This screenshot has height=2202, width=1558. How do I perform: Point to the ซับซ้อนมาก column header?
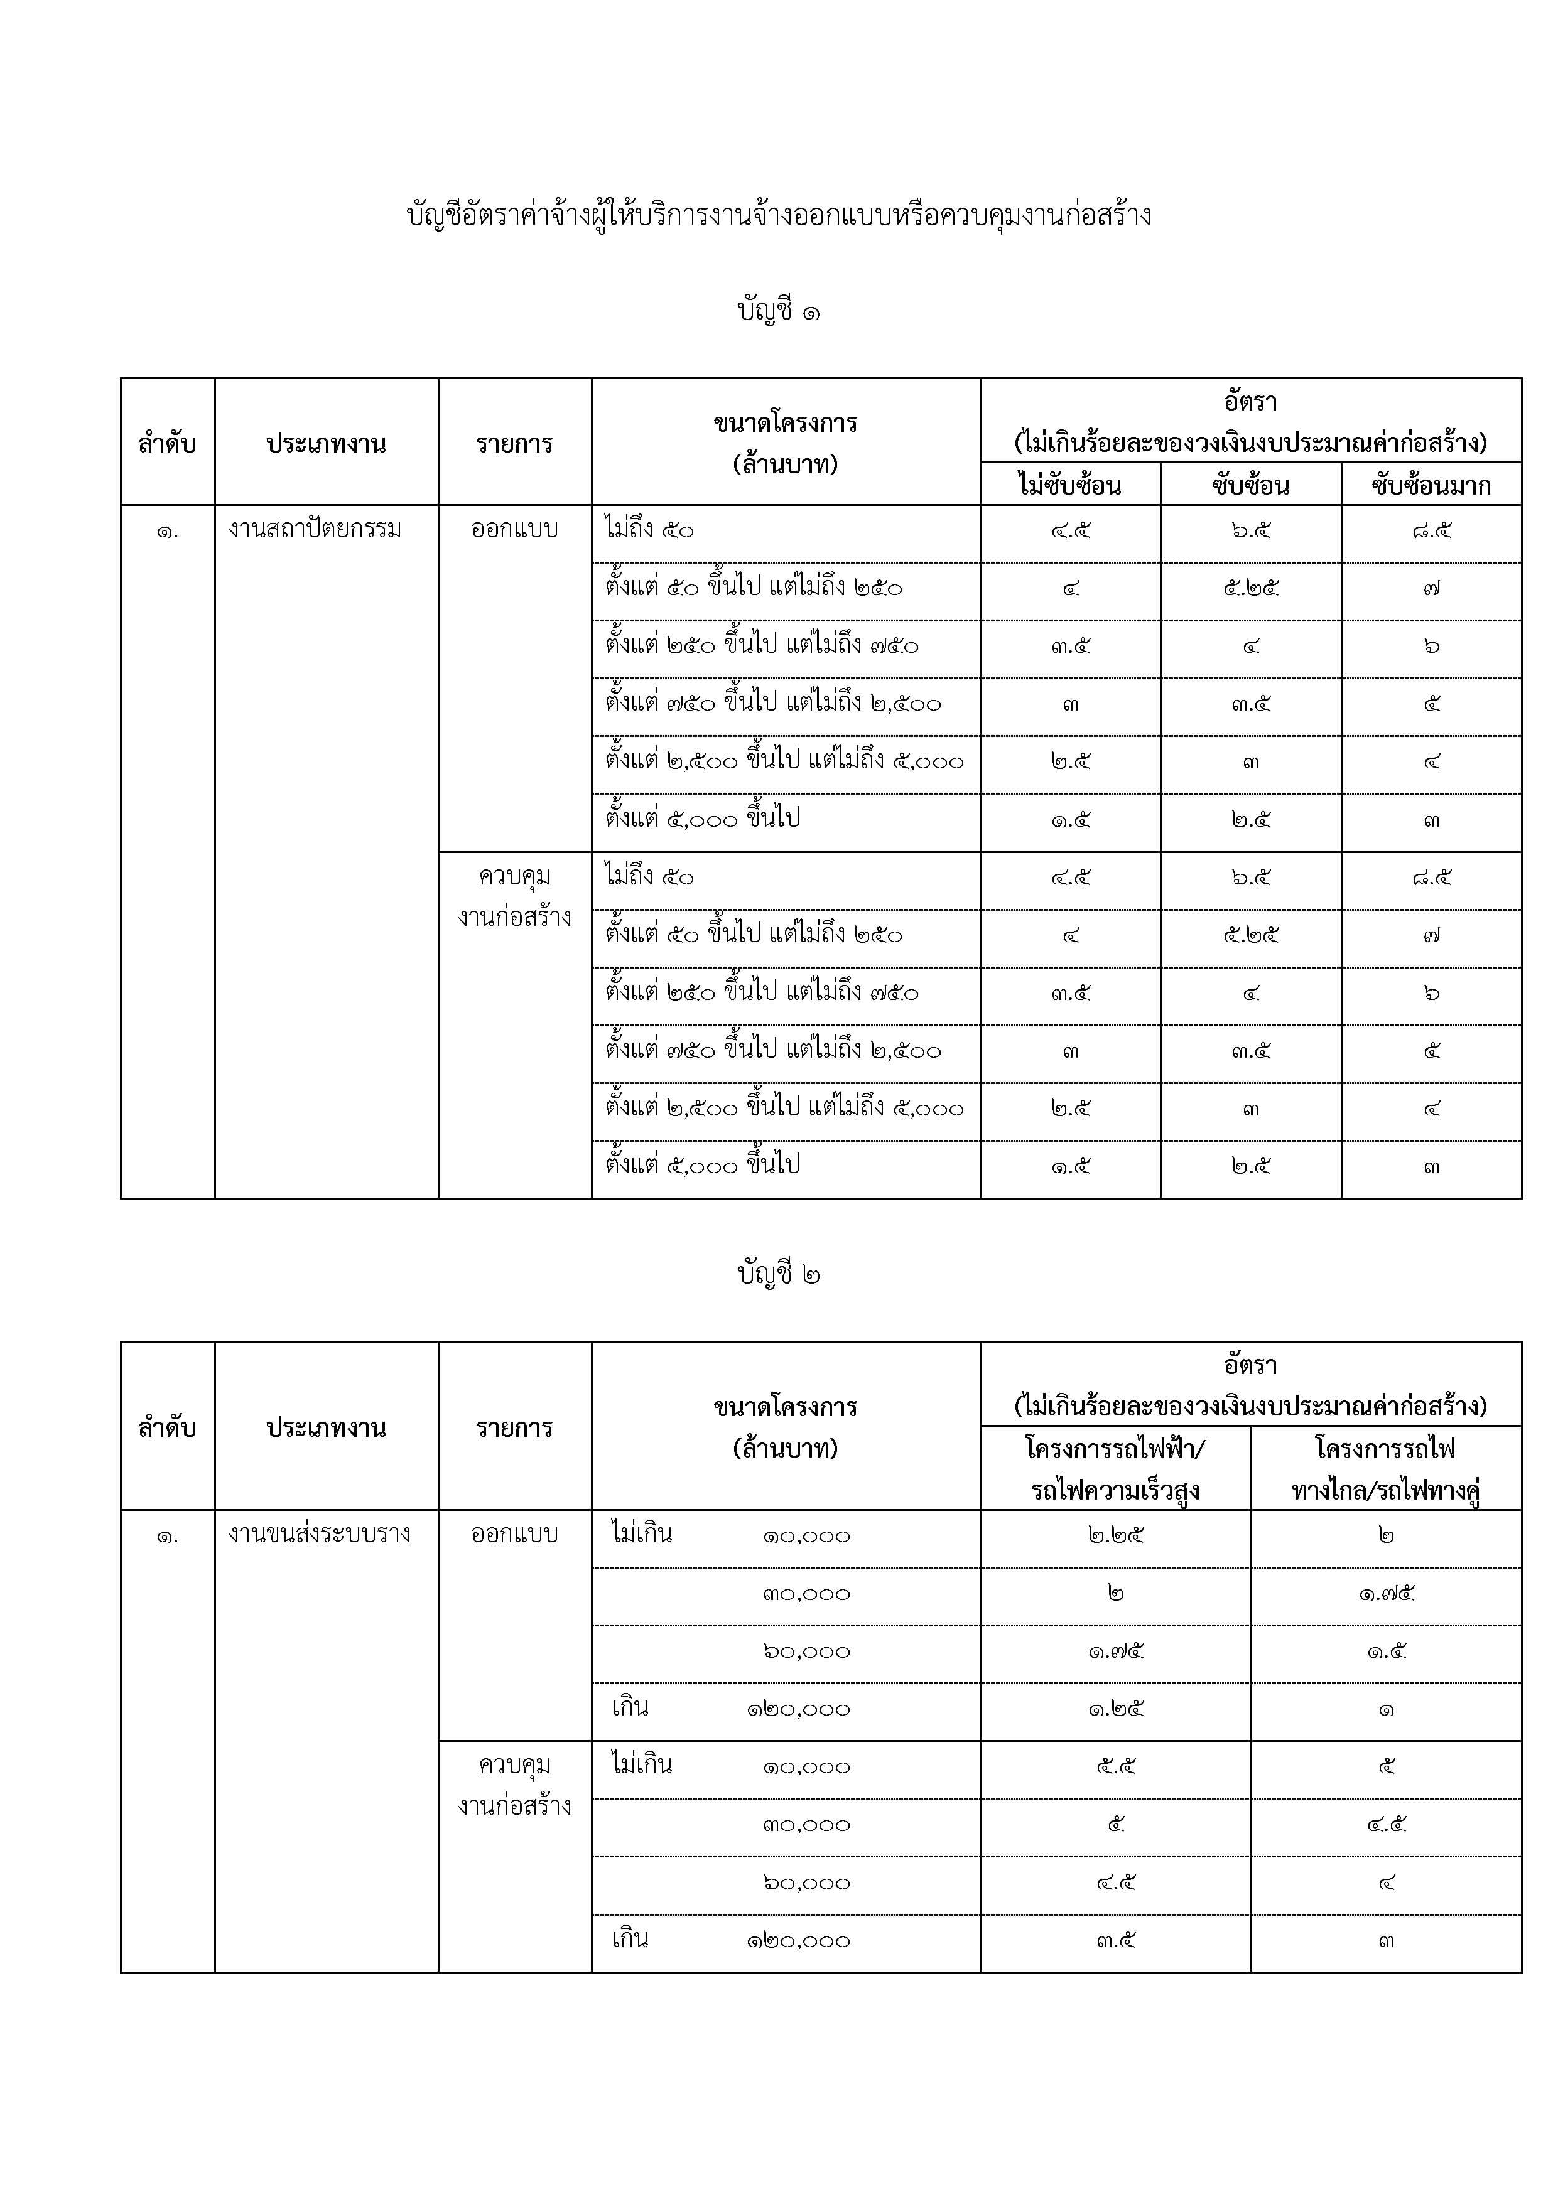(x=1431, y=485)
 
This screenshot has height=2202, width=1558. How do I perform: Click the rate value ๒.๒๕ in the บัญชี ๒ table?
(x=1116, y=1535)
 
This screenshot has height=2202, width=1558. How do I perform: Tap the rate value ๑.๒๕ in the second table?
(x=1116, y=1708)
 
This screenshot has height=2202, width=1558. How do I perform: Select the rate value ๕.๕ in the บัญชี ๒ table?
(x=1116, y=1766)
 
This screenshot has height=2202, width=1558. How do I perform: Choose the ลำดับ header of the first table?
(x=167, y=444)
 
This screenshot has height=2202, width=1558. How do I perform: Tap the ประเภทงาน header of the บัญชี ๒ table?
(x=326, y=1427)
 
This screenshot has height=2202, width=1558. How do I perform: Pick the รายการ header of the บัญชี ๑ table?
(x=514, y=444)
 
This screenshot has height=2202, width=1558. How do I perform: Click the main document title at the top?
(x=778, y=215)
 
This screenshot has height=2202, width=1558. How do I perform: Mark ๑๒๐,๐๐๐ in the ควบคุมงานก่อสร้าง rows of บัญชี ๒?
(x=798, y=1941)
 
